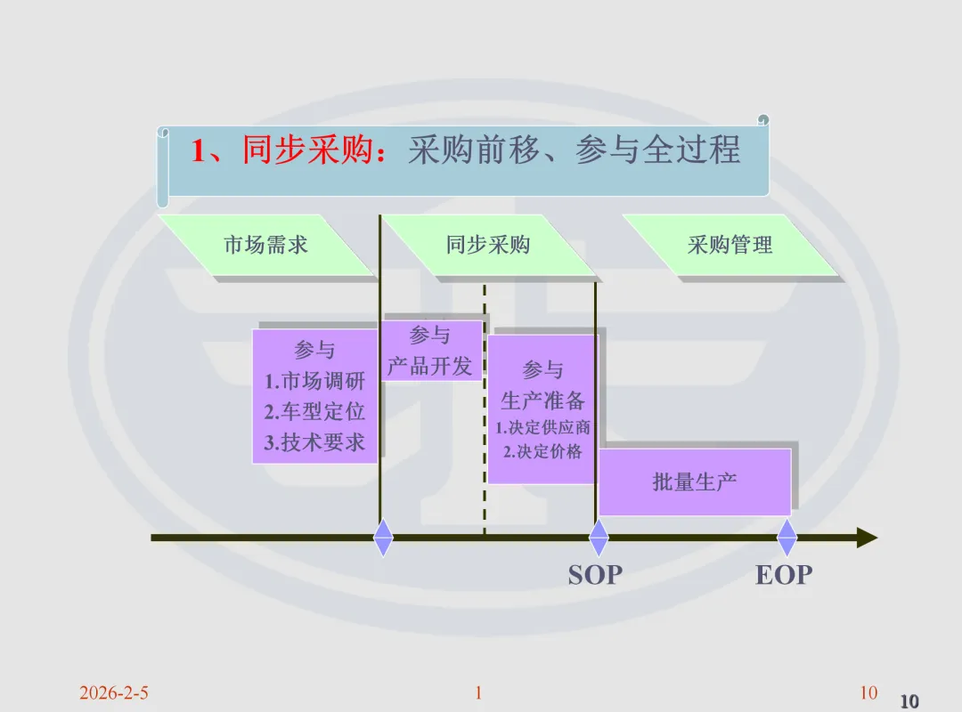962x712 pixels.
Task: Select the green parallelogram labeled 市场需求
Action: pos(265,246)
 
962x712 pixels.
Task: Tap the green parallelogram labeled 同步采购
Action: pos(488,246)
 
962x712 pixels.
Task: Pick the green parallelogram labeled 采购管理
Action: pos(730,246)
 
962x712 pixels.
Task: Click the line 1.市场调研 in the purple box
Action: pos(315,382)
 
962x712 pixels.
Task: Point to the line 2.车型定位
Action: pos(315,412)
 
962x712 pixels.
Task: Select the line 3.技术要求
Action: pos(315,442)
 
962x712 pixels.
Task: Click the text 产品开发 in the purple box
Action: pos(429,366)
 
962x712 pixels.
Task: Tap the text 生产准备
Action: pos(542,400)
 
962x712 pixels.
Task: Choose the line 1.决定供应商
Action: pos(542,428)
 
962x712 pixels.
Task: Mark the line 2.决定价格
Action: pos(542,452)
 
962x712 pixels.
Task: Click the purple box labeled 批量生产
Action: pos(695,482)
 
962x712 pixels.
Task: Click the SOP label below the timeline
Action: pos(595,575)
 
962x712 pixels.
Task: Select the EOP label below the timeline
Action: pos(784,575)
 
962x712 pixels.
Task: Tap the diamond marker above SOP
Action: pos(599,538)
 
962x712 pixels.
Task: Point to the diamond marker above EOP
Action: pos(787,538)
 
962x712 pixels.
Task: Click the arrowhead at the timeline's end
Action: pos(867,538)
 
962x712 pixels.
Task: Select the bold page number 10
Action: pos(909,701)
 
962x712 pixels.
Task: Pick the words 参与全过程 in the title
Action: pos(657,150)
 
